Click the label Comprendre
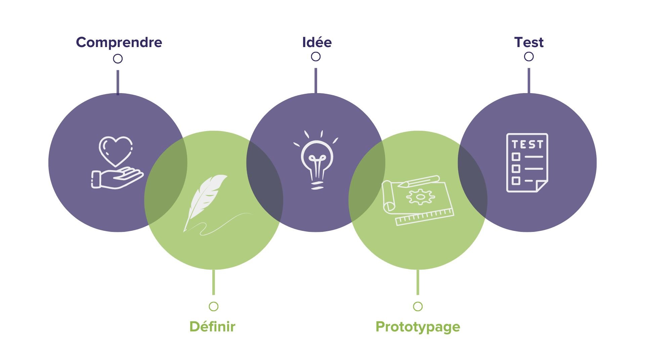coord(119,42)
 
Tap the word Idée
coord(317,42)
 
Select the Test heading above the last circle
coord(529,42)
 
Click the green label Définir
coord(212,326)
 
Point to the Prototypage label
coord(418,327)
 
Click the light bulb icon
coord(317,161)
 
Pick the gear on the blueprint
coord(420,197)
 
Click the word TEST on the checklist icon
coord(527,145)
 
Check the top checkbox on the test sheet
coord(516,157)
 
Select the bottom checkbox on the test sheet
coord(516,181)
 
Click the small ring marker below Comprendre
coord(118,59)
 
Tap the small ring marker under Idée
coord(316,57)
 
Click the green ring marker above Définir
coord(214,307)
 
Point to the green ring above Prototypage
coord(418,307)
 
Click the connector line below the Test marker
coord(529,81)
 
